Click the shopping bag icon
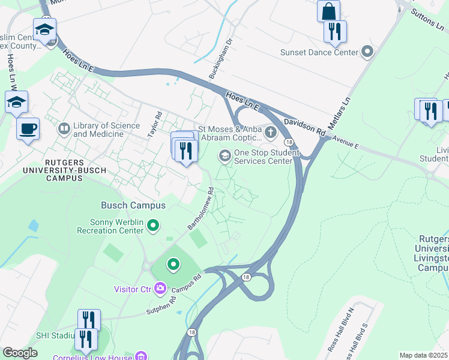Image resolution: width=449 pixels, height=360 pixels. pyautogui.click(x=328, y=11)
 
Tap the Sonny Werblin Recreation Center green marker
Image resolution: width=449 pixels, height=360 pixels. pyautogui.click(x=154, y=226)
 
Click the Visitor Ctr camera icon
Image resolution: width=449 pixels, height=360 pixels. pyautogui.click(x=160, y=289)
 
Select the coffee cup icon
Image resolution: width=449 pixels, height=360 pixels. pyautogui.click(x=28, y=128)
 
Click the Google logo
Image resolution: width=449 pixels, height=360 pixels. pyautogui.click(x=20, y=353)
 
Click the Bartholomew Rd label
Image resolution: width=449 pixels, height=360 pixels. pyautogui.click(x=201, y=208)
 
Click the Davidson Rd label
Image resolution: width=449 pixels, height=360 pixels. pyautogui.click(x=304, y=126)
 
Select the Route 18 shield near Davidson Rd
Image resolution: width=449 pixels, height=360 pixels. pyautogui.click(x=289, y=142)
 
